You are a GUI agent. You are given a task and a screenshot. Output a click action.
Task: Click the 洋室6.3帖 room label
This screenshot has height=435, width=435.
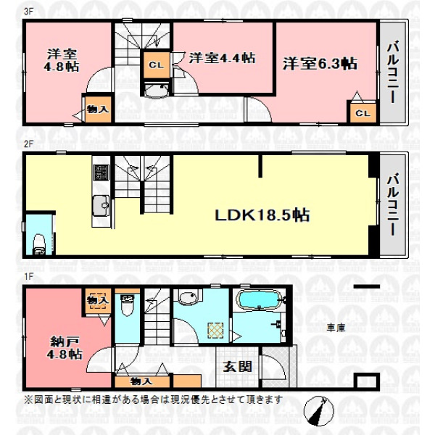320,64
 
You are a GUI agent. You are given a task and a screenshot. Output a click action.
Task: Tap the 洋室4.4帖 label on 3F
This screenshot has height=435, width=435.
222,58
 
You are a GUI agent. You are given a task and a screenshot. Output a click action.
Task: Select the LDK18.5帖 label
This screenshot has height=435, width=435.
262,215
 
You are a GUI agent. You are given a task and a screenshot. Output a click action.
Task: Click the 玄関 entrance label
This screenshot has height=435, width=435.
238,367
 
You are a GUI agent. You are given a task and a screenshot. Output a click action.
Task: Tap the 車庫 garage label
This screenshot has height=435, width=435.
336,328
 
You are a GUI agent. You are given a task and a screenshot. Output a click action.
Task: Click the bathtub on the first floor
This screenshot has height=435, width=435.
259,299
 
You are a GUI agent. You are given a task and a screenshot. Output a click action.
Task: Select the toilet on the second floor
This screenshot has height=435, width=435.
39,244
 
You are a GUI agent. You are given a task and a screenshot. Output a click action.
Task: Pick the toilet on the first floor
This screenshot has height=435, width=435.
128,305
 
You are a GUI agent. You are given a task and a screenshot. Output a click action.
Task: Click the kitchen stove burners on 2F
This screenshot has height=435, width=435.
101,173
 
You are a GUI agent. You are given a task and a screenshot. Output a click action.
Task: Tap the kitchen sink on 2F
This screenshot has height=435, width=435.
101,206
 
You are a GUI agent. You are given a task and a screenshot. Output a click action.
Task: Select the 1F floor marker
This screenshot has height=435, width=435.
28,277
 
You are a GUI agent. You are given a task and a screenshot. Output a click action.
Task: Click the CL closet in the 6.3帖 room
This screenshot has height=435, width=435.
363,113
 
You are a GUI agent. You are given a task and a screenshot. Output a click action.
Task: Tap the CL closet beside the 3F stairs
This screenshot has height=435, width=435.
157,65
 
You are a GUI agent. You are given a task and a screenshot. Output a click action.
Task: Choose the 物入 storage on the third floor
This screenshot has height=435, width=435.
98,109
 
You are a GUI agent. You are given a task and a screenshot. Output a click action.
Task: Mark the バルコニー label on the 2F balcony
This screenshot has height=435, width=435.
393,204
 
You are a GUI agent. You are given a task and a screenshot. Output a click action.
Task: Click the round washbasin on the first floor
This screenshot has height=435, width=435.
188,297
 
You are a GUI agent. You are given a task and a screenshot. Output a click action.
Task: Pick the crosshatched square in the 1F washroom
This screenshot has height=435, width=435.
215,331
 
